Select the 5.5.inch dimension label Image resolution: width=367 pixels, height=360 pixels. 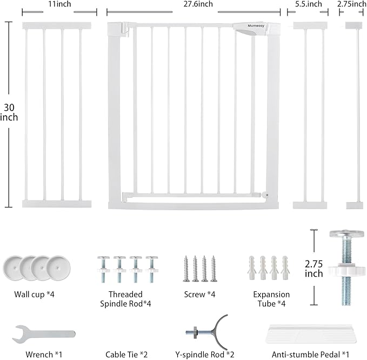(309, 4)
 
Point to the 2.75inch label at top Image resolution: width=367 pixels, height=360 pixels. (352, 4)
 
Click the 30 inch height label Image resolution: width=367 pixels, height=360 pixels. (9, 112)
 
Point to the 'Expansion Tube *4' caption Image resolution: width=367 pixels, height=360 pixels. (271, 299)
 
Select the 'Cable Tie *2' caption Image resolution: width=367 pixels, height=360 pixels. (121, 355)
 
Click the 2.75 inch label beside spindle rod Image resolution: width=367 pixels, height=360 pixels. (313, 269)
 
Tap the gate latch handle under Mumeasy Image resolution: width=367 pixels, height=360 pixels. (246, 32)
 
